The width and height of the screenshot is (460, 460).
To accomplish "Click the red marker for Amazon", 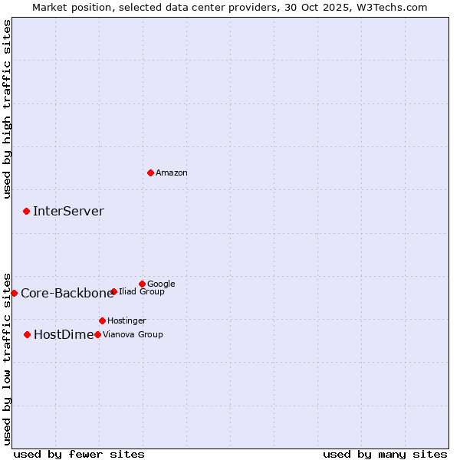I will click(150, 172).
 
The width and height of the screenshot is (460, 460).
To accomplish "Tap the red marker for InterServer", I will click(27, 211).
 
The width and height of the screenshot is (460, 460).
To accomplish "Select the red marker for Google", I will click(142, 284).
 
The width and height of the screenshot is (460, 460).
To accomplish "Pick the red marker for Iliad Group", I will click(113, 291).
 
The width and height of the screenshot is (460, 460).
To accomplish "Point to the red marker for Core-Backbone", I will click(14, 293).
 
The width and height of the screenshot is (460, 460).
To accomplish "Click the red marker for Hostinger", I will click(102, 320).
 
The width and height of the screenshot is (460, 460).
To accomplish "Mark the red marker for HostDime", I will click(28, 334).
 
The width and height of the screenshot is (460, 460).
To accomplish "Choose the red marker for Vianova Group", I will click(97, 334).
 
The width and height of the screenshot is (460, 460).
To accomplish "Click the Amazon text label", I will click(172, 173).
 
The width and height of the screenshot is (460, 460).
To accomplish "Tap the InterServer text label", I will click(68, 212).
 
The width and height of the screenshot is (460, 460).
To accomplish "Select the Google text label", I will click(161, 284).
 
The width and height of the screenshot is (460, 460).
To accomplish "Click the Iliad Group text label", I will click(142, 292).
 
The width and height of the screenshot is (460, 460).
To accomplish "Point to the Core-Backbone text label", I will click(67, 293).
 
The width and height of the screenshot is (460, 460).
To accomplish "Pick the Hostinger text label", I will click(127, 321).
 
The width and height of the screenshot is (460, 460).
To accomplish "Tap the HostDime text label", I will click(64, 334).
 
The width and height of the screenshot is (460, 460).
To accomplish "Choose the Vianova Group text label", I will click(133, 335).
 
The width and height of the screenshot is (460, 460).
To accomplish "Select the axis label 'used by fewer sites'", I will click(79, 454).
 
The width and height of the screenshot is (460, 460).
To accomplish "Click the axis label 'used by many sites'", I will click(385, 454).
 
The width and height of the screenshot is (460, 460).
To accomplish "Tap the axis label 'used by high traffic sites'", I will click(8, 109).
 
